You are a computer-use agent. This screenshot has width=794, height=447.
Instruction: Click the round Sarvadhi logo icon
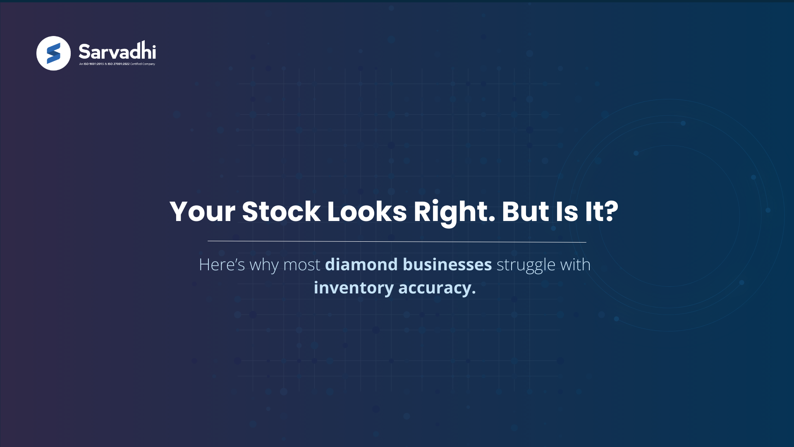click(x=53, y=53)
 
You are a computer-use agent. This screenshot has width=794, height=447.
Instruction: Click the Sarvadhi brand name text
click(x=117, y=51)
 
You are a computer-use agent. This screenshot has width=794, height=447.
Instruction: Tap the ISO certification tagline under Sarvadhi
click(x=117, y=64)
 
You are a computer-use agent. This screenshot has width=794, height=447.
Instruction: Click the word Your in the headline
click(x=202, y=212)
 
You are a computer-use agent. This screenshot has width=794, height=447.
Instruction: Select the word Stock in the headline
click(x=281, y=212)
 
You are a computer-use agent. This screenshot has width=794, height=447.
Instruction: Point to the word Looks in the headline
click(x=367, y=212)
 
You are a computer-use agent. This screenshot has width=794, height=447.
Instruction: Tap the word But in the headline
click(x=525, y=212)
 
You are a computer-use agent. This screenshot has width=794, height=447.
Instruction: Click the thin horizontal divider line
click(x=397, y=241)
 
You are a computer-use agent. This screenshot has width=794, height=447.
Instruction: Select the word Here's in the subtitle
click(x=222, y=265)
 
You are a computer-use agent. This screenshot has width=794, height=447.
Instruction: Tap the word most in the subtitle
click(x=301, y=265)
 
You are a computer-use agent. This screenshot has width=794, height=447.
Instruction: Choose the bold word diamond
click(x=361, y=264)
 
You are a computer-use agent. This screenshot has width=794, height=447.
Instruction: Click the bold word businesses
click(x=447, y=264)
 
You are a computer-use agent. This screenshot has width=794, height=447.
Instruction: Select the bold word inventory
click(x=354, y=288)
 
